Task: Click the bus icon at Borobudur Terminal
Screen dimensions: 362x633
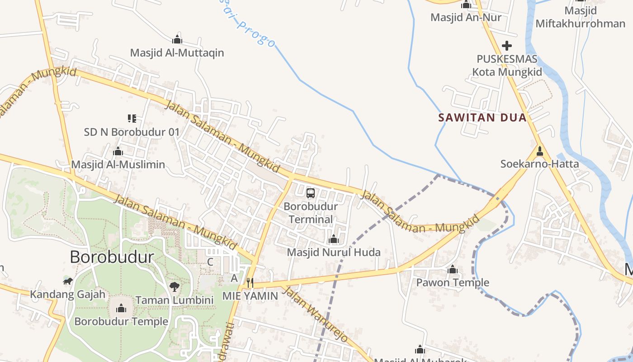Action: (x=310, y=193)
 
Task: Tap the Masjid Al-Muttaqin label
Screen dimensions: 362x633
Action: (x=177, y=53)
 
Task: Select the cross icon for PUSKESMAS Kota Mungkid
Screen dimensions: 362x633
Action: (x=507, y=46)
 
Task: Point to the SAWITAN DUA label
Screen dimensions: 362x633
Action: (x=482, y=118)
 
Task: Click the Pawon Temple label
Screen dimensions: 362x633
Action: (x=453, y=283)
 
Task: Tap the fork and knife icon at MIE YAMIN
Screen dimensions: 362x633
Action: (x=249, y=283)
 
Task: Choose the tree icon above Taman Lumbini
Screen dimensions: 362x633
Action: (x=174, y=286)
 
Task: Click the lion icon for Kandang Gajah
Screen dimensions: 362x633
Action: (x=68, y=281)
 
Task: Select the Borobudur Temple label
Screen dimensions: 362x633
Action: (x=121, y=322)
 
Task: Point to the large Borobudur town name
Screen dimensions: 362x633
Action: (x=112, y=257)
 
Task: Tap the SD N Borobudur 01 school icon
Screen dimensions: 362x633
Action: (x=132, y=119)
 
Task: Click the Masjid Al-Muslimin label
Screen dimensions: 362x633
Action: (x=118, y=164)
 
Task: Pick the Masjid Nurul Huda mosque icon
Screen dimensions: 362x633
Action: (x=334, y=239)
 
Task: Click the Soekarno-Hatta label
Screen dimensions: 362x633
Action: (x=539, y=164)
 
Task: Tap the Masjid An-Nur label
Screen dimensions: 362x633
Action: (x=466, y=18)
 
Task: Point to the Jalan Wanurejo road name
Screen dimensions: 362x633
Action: (x=315, y=314)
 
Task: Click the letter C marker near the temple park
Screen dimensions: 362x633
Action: (x=210, y=262)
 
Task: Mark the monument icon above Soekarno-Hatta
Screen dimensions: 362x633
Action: (x=539, y=151)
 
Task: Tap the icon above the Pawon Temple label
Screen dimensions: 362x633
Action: (x=453, y=270)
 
